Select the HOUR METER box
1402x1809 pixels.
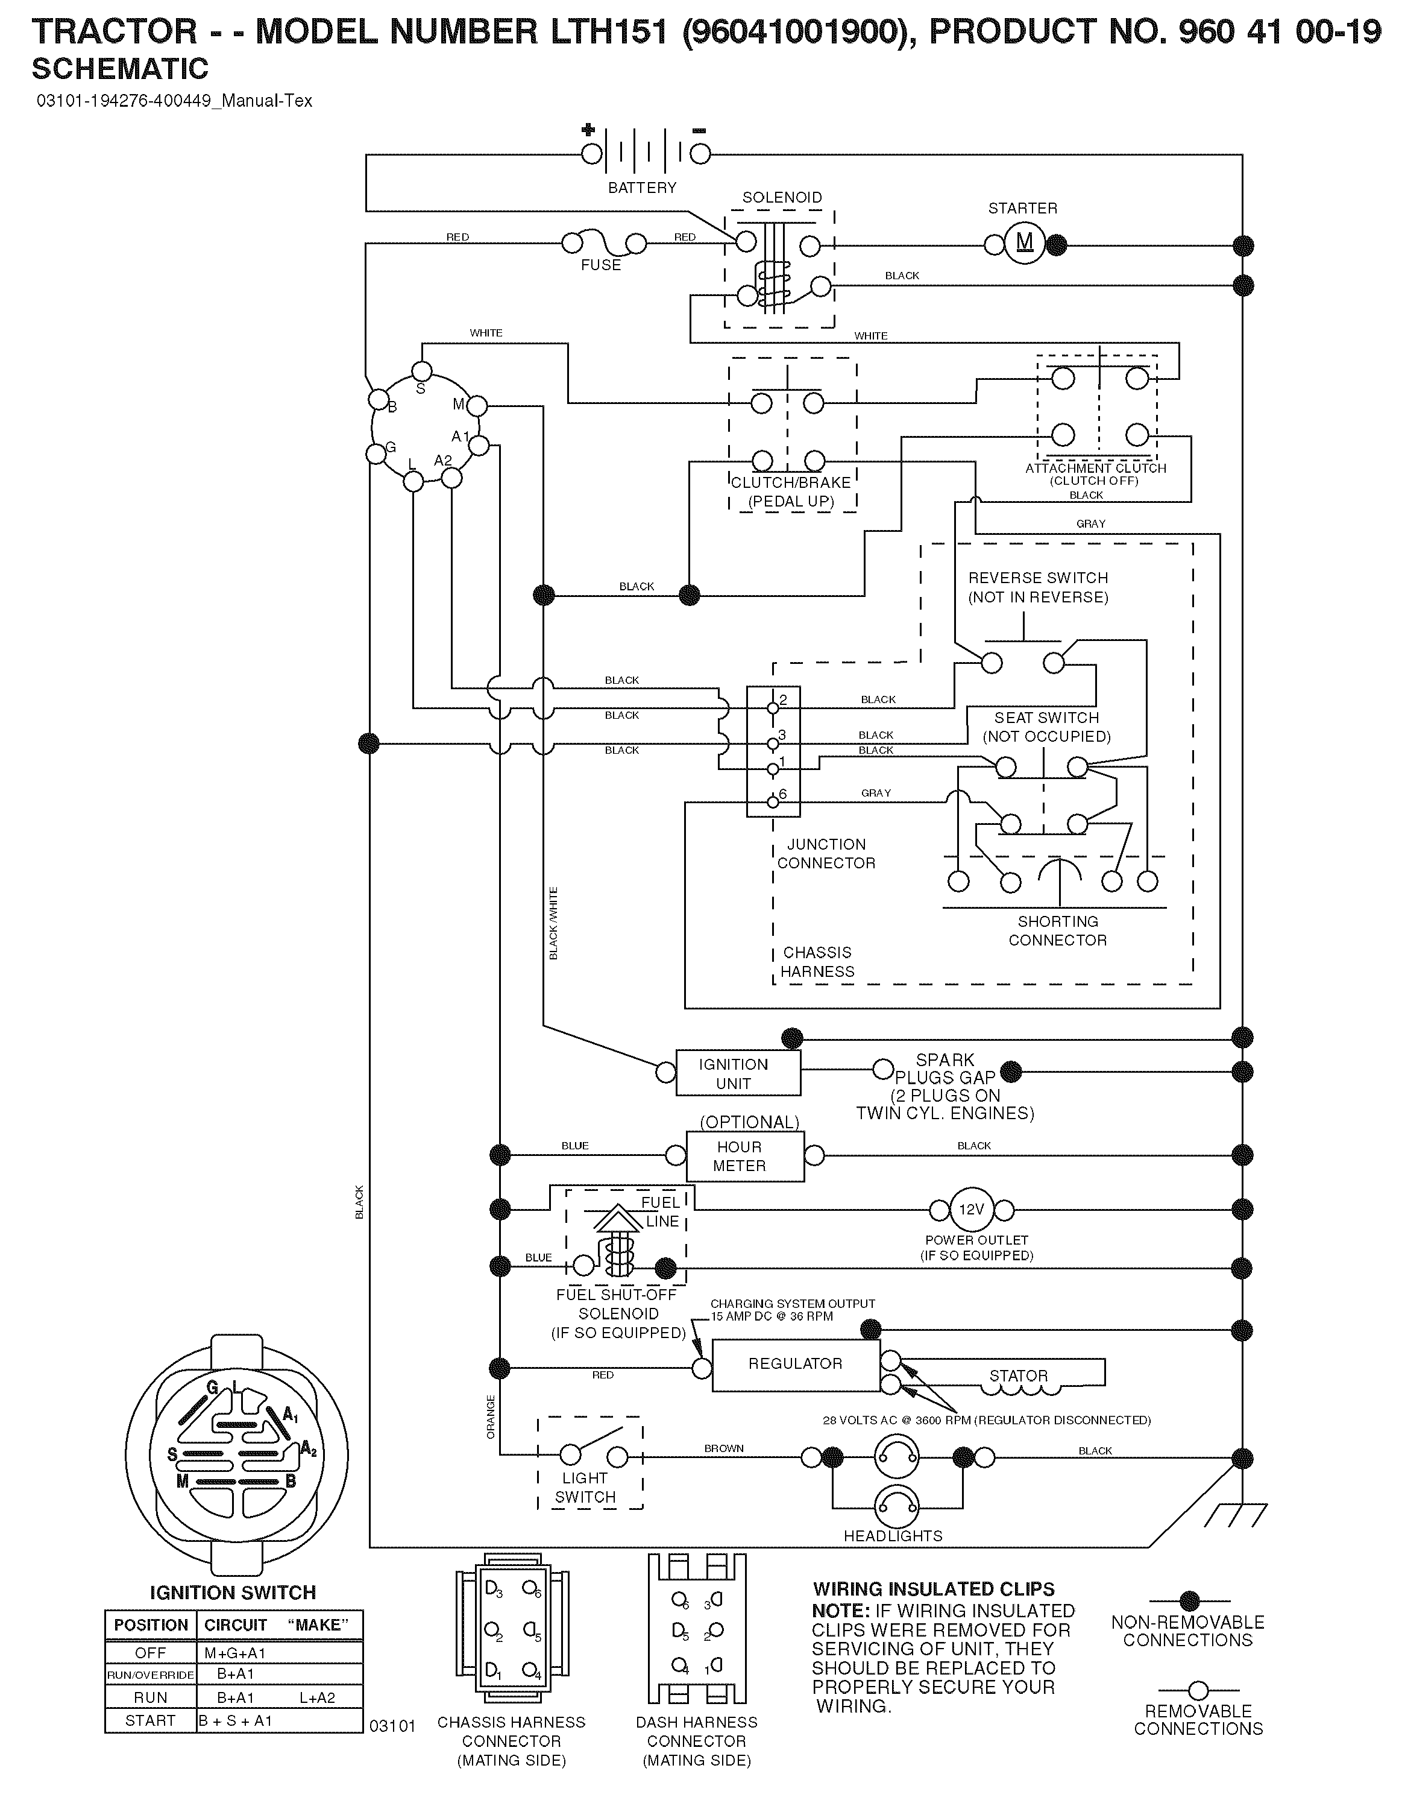tap(746, 1157)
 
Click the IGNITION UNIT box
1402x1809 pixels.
tap(738, 1073)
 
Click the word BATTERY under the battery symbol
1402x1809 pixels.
tap(643, 188)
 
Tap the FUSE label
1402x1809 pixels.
tap(600, 265)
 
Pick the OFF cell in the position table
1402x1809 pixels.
tap(151, 1652)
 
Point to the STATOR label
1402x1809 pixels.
tap(1019, 1376)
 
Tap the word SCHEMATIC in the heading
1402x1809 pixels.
tap(120, 68)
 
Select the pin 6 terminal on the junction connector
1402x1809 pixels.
tap(773, 802)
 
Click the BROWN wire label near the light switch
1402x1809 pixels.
tap(724, 1448)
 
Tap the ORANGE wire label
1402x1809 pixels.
tap(490, 1416)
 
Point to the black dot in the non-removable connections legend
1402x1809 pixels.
tap(1189, 1601)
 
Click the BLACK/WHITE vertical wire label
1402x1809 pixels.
tap(553, 924)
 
